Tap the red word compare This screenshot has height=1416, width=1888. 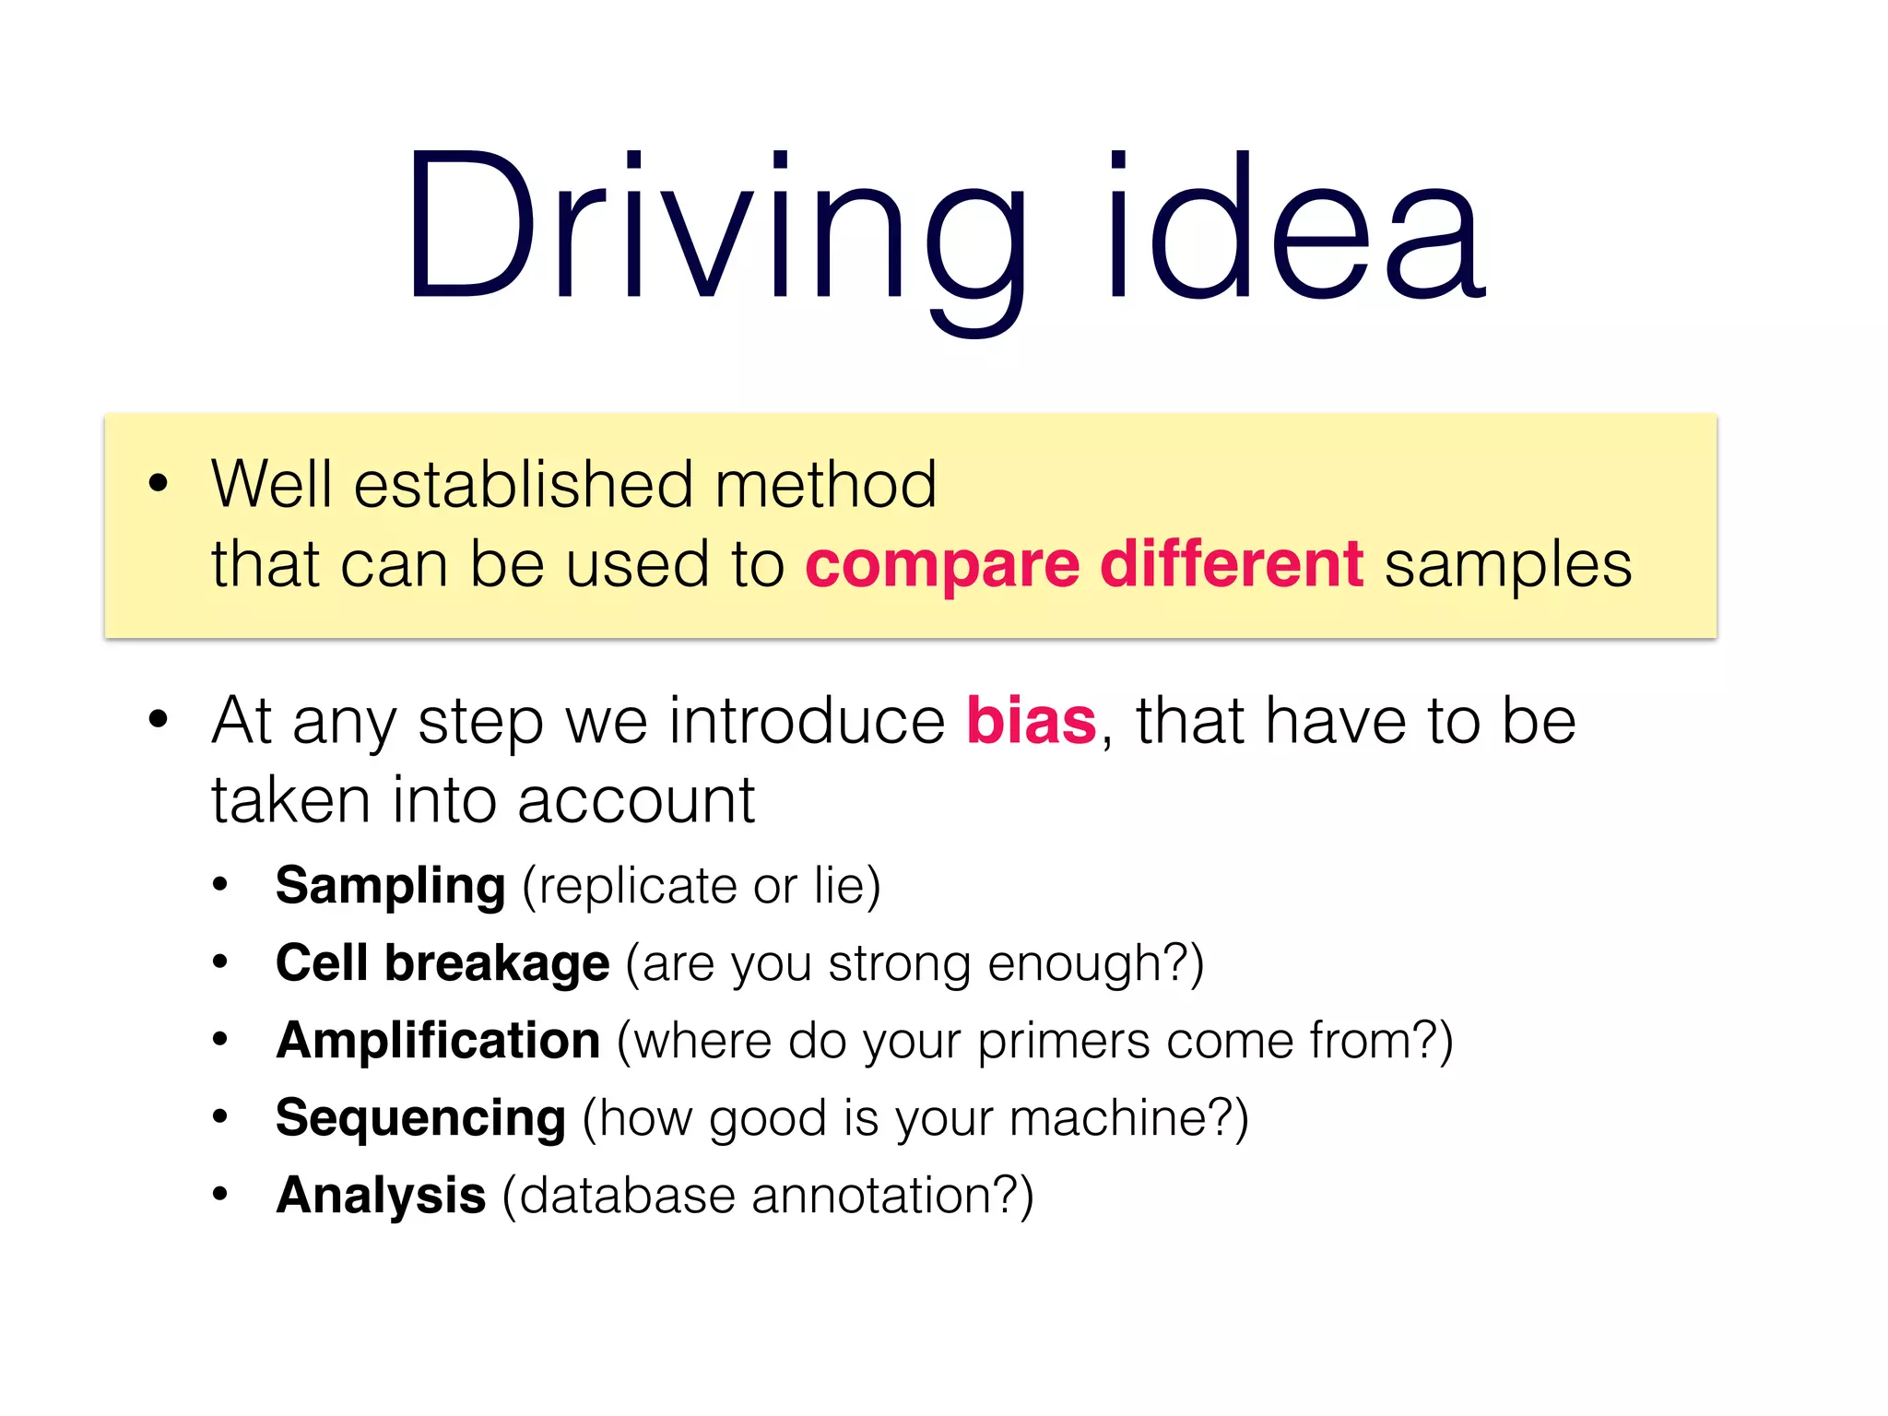942,564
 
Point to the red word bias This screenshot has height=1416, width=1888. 1031,721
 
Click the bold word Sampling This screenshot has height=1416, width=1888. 390,887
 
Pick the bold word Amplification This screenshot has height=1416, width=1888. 438,1041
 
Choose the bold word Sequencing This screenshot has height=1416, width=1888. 420,1119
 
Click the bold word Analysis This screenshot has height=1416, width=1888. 381,1196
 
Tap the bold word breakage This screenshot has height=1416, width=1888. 497,964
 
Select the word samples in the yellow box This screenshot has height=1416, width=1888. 1507,564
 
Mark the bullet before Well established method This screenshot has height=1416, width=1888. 159,482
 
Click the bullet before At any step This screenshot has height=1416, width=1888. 159,719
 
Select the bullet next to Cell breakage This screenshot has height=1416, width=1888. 219,962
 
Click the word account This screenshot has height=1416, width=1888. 636,800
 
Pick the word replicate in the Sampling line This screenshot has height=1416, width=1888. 636,887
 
